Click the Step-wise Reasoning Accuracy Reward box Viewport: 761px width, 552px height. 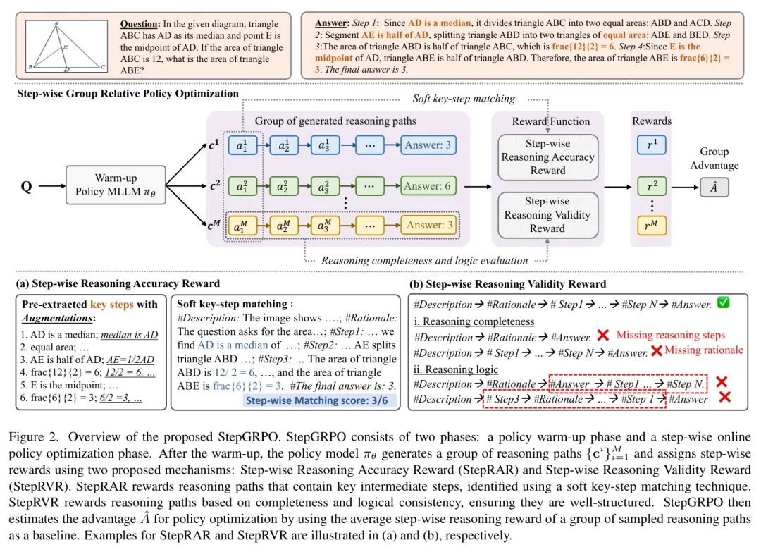[x=547, y=157]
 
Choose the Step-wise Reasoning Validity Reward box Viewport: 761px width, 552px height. [x=547, y=215]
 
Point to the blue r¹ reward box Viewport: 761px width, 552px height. [x=652, y=146]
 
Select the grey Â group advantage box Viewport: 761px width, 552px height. [x=714, y=188]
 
